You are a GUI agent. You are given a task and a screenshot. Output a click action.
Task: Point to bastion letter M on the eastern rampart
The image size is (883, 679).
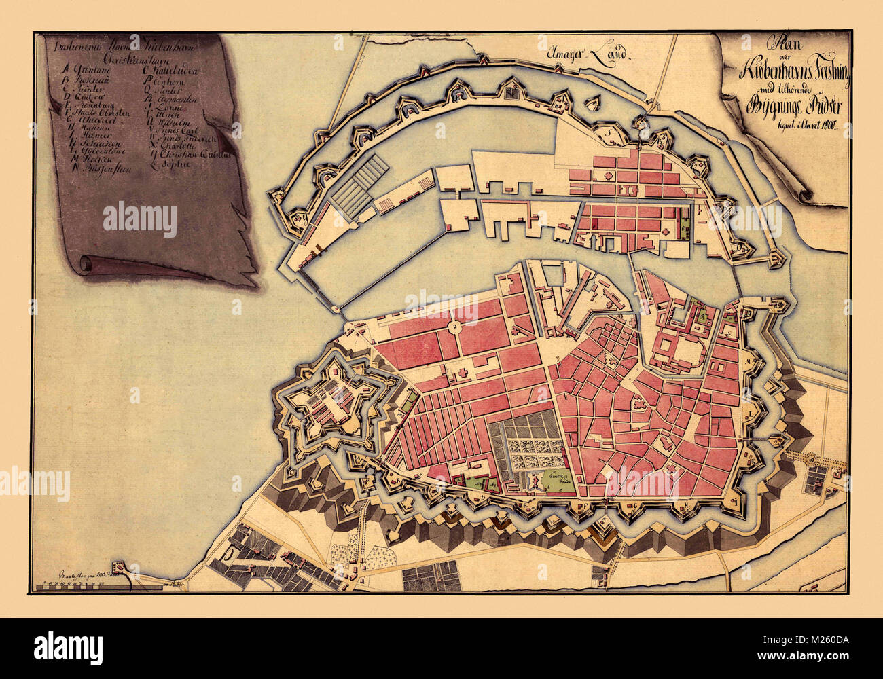pyautogui.click(x=751, y=362)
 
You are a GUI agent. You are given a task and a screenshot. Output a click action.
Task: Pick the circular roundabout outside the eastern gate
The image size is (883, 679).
pyautogui.click(x=810, y=460)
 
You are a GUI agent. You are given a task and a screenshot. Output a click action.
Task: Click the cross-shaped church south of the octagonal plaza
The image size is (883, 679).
pyautogui.click(x=465, y=373)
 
